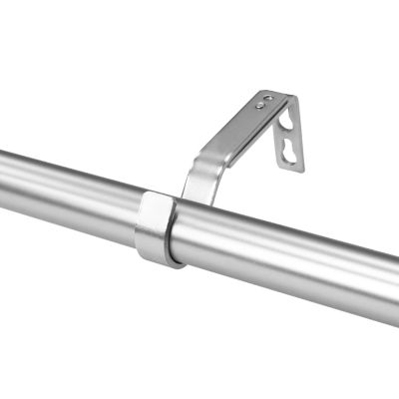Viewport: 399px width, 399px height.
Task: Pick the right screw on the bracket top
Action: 266,98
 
